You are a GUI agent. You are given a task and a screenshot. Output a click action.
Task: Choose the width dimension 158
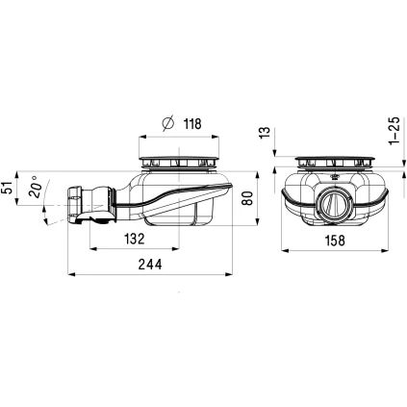[x=336, y=240]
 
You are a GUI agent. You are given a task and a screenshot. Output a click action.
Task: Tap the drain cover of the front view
[x=334, y=160]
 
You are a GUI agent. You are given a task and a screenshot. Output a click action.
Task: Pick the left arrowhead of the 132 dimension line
[x=92, y=248]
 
